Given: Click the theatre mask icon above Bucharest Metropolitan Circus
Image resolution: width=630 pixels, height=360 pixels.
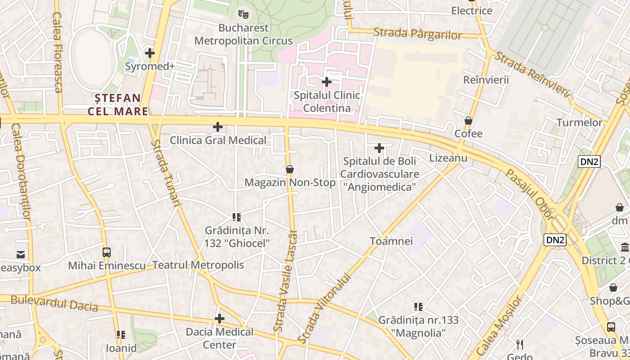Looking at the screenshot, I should (243, 14).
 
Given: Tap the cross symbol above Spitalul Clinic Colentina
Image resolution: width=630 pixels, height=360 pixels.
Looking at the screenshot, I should (327, 82).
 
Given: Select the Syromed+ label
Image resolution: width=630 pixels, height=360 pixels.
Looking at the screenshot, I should (150, 67).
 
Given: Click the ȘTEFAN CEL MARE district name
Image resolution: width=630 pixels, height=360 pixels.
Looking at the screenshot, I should (118, 104).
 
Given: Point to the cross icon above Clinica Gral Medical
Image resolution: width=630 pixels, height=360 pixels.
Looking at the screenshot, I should (218, 127).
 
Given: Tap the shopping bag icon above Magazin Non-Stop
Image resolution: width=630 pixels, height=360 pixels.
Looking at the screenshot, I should (290, 169).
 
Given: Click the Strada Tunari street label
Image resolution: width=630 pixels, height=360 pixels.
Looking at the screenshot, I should (166, 173).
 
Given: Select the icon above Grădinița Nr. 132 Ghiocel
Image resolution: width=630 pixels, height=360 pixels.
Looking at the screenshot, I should (237, 217).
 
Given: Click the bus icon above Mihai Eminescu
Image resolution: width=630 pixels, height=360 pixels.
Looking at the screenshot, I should (107, 252).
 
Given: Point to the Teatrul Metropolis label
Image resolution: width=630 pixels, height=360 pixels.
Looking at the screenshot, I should (198, 265).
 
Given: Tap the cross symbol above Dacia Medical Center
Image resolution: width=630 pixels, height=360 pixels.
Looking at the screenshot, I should (220, 319).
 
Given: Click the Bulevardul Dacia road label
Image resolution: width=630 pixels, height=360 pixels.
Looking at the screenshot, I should (54, 303).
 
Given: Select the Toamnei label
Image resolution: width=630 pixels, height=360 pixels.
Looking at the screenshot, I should (391, 241).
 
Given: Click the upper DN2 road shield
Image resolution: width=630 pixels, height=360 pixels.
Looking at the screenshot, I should (589, 162).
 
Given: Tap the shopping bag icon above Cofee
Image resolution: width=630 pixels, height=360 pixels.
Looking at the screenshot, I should (468, 121).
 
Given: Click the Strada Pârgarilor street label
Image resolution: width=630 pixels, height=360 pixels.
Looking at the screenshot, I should (418, 34).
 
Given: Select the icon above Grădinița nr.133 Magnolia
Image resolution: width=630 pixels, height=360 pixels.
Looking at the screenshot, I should (418, 307).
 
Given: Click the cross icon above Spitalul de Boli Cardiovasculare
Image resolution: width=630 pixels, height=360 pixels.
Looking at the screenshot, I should (379, 148).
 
